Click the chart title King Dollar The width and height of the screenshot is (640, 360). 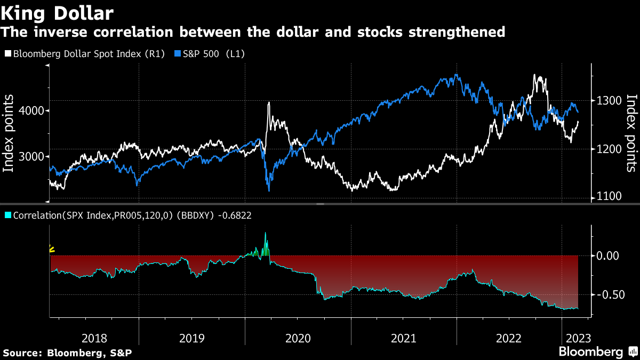tap(57, 13)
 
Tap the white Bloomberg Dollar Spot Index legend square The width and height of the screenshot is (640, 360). tap(8, 53)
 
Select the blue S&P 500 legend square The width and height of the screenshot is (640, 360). tap(178, 53)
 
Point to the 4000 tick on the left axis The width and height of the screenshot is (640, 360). tap(32, 110)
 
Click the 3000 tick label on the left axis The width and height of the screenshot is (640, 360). tap(32, 157)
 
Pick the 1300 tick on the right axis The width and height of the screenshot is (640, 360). tap(609, 101)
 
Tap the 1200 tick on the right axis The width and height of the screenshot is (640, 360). tap(609, 149)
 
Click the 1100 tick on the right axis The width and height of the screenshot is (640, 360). tap(609, 196)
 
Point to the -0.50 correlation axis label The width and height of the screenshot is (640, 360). tap(611, 294)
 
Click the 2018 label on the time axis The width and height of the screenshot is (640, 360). tap(94, 339)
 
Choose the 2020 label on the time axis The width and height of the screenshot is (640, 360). tap(298, 339)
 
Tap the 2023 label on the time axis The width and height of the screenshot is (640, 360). tap(578, 339)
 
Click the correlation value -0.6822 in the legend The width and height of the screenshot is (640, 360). tap(235, 215)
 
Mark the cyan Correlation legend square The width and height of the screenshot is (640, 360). tap(8, 215)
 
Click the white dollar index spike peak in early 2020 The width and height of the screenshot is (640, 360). tap(269, 102)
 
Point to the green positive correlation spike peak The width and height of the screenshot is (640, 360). tap(266, 233)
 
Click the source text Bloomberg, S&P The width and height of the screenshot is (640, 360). tap(90, 353)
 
